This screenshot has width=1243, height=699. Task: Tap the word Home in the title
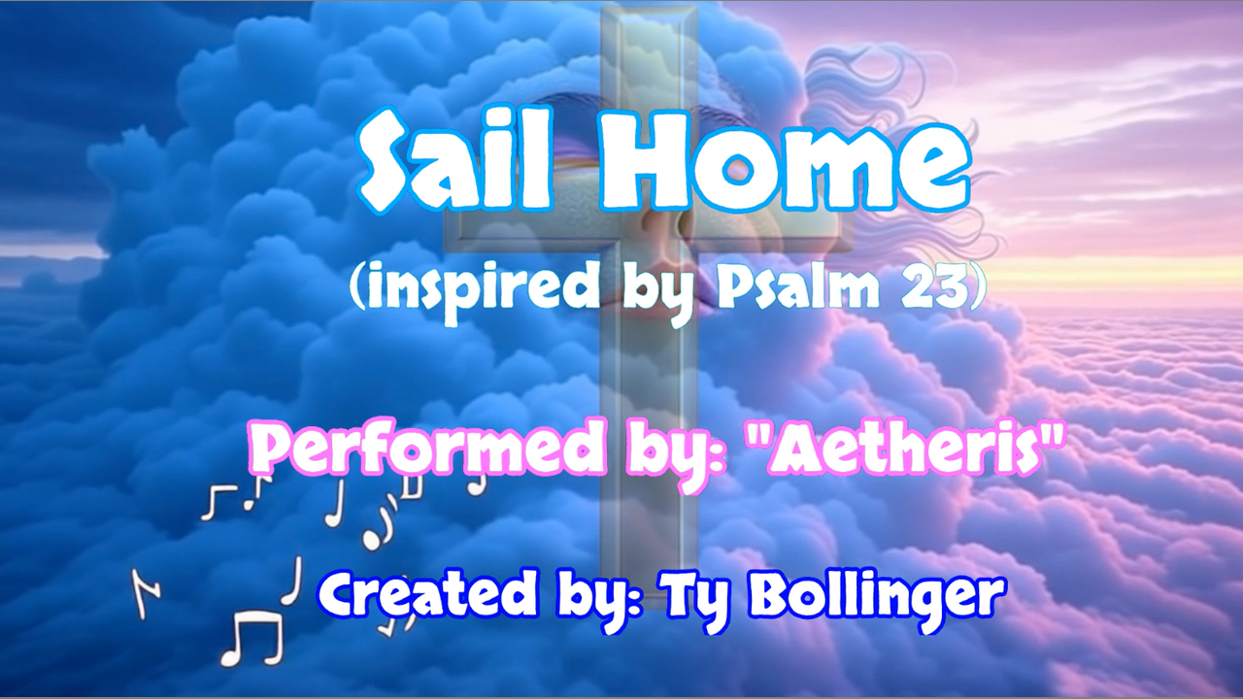[783, 158]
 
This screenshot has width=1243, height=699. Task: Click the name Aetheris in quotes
[912, 450]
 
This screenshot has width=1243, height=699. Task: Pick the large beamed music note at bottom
[253, 638]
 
